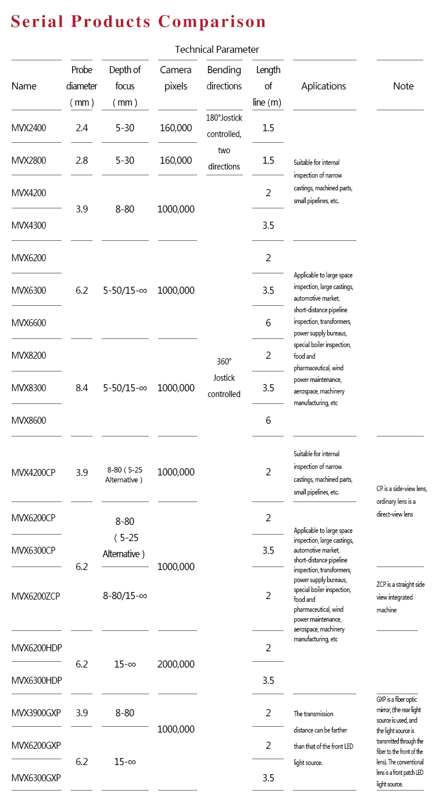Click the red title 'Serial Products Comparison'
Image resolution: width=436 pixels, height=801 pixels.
click(138, 22)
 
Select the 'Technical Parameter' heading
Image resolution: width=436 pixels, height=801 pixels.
click(217, 49)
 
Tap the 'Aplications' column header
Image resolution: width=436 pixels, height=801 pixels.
click(323, 86)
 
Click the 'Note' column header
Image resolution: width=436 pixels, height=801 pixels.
click(403, 86)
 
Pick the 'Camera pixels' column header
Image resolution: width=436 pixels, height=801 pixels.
click(176, 78)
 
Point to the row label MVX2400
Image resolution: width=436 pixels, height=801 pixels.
click(28, 128)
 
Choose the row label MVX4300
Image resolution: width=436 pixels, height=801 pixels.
click(28, 225)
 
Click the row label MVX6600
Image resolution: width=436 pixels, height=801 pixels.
click(28, 323)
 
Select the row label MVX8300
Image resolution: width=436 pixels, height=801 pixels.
click(28, 388)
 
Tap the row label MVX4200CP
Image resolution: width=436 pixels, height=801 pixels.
click(34, 472)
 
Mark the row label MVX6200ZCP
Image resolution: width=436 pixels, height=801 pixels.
click(36, 596)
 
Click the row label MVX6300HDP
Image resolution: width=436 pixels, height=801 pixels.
click(37, 680)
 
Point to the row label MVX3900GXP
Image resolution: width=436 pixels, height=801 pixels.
click(36, 713)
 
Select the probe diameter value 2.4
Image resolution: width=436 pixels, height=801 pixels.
click(81, 128)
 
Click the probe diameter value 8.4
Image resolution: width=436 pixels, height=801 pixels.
click(81, 388)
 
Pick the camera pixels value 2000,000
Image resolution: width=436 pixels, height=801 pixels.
click(176, 664)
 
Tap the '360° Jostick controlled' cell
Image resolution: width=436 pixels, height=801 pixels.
click(224, 377)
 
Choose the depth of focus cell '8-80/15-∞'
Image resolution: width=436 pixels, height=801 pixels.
click(125, 596)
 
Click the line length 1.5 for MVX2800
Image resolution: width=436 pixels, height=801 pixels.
click(268, 160)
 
